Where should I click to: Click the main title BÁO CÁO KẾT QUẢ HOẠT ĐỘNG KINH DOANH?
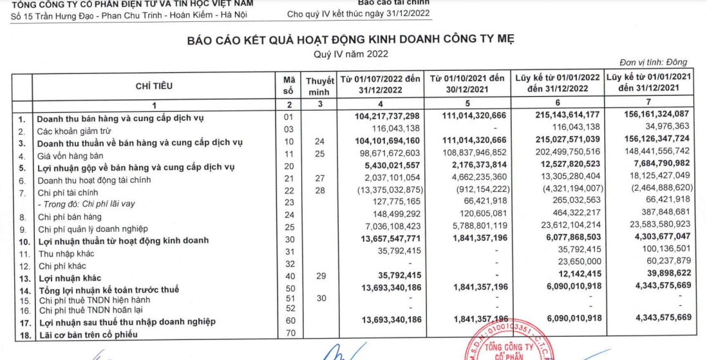point(351,40)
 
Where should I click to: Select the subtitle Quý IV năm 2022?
point(351,54)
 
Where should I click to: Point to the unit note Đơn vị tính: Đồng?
point(653,62)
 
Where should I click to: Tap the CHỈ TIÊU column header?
point(154,86)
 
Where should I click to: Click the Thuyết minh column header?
point(319,86)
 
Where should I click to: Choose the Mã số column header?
point(288,86)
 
